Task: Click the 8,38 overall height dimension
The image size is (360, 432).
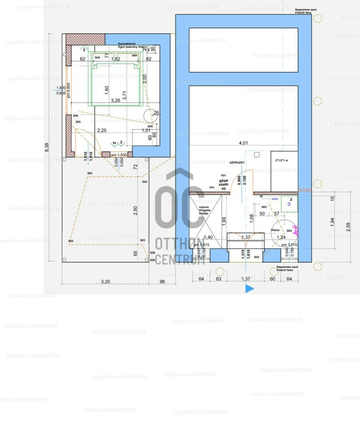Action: point(47,147)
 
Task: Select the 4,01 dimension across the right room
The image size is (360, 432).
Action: point(243,143)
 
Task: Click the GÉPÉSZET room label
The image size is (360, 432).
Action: point(237,162)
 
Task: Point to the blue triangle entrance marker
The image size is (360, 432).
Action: point(249,288)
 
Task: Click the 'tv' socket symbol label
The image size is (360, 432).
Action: point(115,143)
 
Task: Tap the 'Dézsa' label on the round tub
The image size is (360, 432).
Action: point(276,230)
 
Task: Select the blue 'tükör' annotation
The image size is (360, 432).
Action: point(275,198)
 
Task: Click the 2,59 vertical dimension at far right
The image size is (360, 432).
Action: point(348,226)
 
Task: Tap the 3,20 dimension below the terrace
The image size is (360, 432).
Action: point(105,282)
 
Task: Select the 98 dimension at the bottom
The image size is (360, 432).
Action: point(162,282)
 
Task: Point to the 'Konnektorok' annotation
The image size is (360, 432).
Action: point(127,44)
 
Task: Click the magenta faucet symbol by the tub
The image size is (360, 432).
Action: point(296,230)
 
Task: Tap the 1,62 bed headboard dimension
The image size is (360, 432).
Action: point(115,59)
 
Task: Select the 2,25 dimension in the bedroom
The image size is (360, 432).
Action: point(102,130)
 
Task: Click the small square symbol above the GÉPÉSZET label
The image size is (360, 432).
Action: point(257,155)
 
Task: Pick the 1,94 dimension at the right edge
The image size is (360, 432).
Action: point(332,222)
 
